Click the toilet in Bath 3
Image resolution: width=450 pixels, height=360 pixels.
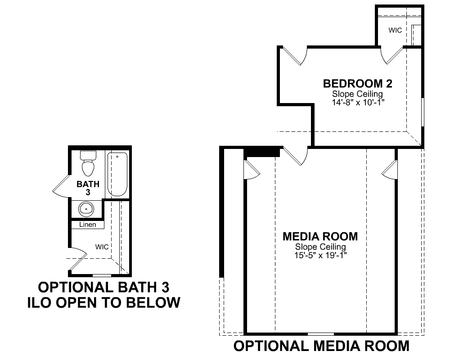[x=88, y=163]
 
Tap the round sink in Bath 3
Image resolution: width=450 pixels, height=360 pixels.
[x=86, y=209]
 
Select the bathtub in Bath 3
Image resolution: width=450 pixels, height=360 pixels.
[x=117, y=174]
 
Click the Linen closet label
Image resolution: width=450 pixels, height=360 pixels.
[x=88, y=225]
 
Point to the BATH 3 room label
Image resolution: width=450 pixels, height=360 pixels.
[x=88, y=188]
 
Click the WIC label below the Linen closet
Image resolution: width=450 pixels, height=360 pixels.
[x=102, y=247]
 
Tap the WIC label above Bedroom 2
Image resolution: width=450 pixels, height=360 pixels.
[x=395, y=30]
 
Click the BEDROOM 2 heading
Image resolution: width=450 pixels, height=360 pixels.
[x=358, y=84]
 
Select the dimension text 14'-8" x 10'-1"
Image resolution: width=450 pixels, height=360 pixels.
[x=358, y=103]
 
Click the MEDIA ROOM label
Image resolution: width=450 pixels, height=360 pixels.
[x=320, y=237]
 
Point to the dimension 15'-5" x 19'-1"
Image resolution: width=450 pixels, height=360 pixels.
[x=320, y=255]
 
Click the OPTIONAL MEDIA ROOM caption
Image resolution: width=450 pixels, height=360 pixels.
[x=321, y=346]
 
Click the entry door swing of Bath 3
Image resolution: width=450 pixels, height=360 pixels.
[x=61, y=186]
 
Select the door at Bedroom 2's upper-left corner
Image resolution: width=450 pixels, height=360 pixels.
[x=296, y=56]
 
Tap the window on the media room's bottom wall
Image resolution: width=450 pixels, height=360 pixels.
[x=321, y=334]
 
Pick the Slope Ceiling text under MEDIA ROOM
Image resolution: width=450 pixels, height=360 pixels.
[x=320, y=247]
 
